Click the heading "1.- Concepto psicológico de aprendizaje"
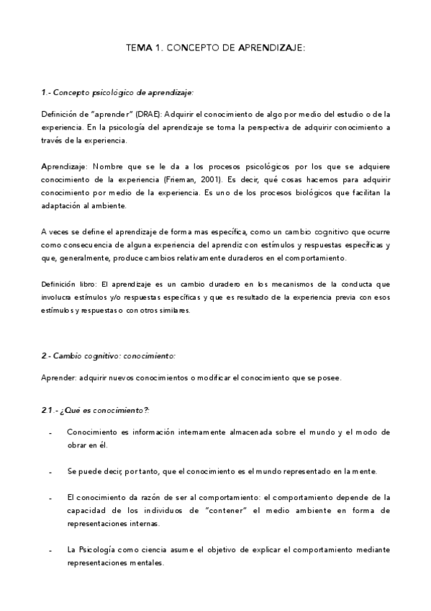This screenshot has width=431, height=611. coord(117,93)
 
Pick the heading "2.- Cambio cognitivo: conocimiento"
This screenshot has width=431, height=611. coord(108,356)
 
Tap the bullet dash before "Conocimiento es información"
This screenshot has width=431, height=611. coord(50,433)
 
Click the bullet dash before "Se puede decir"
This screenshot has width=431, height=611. coord(50,472)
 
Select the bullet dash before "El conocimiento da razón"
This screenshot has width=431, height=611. coord(50,498)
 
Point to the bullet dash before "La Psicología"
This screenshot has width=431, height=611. coord(50,550)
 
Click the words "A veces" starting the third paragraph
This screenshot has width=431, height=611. coord(54,232)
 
